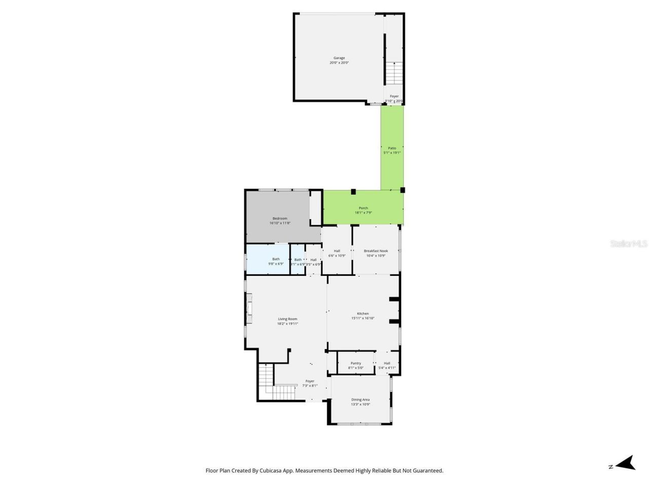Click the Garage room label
[x=339, y=58]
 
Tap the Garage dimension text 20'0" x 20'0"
[x=339, y=63]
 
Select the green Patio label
[x=392, y=148]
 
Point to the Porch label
[x=364, y=208]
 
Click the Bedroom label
[x=280, y=219]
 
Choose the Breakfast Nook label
[x=376, y=251]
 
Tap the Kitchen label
[x=363, y=314]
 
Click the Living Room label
[x=287, y=319]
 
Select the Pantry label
[x=356, y=363]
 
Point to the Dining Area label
[x=360, y=400]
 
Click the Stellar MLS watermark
[x=629, y=244]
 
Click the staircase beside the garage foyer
[x=394, y=74]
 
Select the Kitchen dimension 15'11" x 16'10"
[x=363, y=319]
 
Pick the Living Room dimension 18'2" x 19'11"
[x=287, y=324]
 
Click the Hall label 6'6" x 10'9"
[x=337, y=251]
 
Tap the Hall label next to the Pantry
[x=387, y=363]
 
